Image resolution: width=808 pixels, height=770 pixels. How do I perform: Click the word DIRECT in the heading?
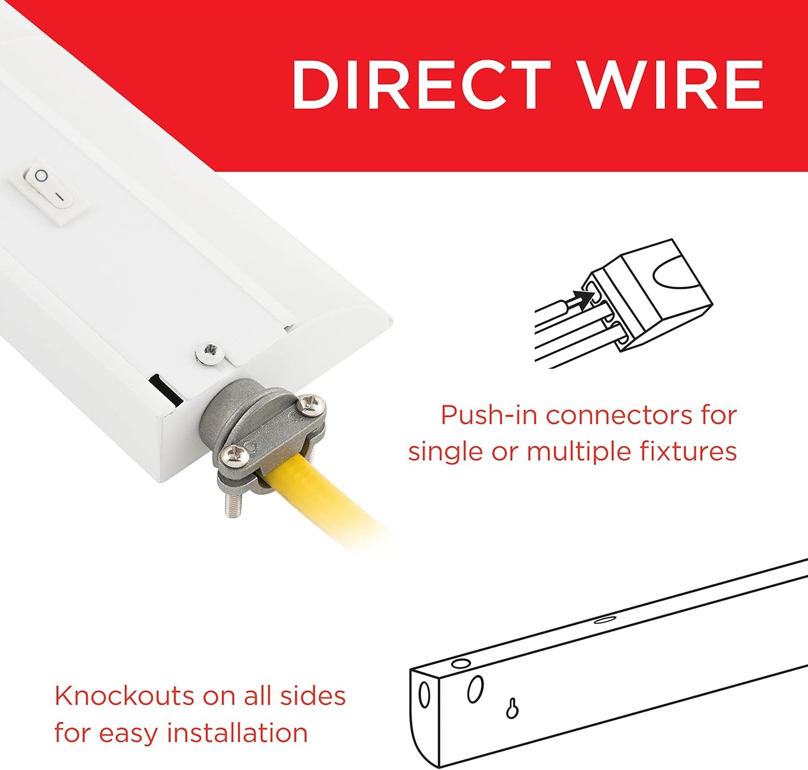(x=421, y=85)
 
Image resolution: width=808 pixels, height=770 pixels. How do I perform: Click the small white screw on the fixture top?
(x=211, y=351)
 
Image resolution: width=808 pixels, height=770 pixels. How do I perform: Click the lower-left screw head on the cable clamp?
(x=233, y=455)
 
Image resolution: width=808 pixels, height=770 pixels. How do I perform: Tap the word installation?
(x=238, y=732)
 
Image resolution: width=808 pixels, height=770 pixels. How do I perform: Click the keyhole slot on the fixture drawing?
(x=512, y=707)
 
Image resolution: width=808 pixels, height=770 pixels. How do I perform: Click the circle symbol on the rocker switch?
(x=41, y=176)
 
